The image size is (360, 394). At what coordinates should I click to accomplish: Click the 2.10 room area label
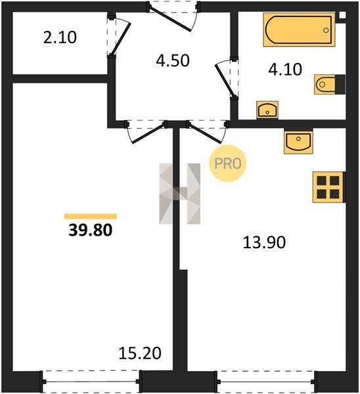click(x=60, y=37)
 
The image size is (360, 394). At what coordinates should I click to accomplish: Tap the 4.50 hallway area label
click(x=173, y=61)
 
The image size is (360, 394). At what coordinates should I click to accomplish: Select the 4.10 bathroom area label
click(x=285, y=70)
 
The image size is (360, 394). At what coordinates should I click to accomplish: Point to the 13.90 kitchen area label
click(x=264, y=242)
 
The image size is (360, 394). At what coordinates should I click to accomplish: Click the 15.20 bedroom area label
click(x=140, y=353)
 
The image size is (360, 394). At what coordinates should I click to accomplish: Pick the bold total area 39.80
click(x=91, y=230)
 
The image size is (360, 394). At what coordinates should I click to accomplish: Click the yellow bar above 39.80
click(x=91, y=216)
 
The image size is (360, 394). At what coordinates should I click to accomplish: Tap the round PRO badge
click(x=228, y=164)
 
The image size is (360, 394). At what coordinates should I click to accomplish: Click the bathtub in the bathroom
click(x=299, y=30)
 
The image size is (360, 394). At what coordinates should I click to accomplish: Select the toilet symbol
click(x=330, y=84)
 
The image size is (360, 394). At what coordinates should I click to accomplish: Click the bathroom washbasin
click(x=267, y=110)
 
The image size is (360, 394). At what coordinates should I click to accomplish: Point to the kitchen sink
click(x=298, y=141)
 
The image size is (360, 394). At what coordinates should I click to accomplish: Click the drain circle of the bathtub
click(x=326, y=30)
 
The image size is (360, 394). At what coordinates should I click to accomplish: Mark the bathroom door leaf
click(x=225, y=81)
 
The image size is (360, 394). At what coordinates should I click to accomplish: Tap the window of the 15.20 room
click(x=91, y=382)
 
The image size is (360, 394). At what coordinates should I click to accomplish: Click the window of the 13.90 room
click(x=266, y=382)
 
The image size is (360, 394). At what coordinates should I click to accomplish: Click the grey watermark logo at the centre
click(x=180, y=194)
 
